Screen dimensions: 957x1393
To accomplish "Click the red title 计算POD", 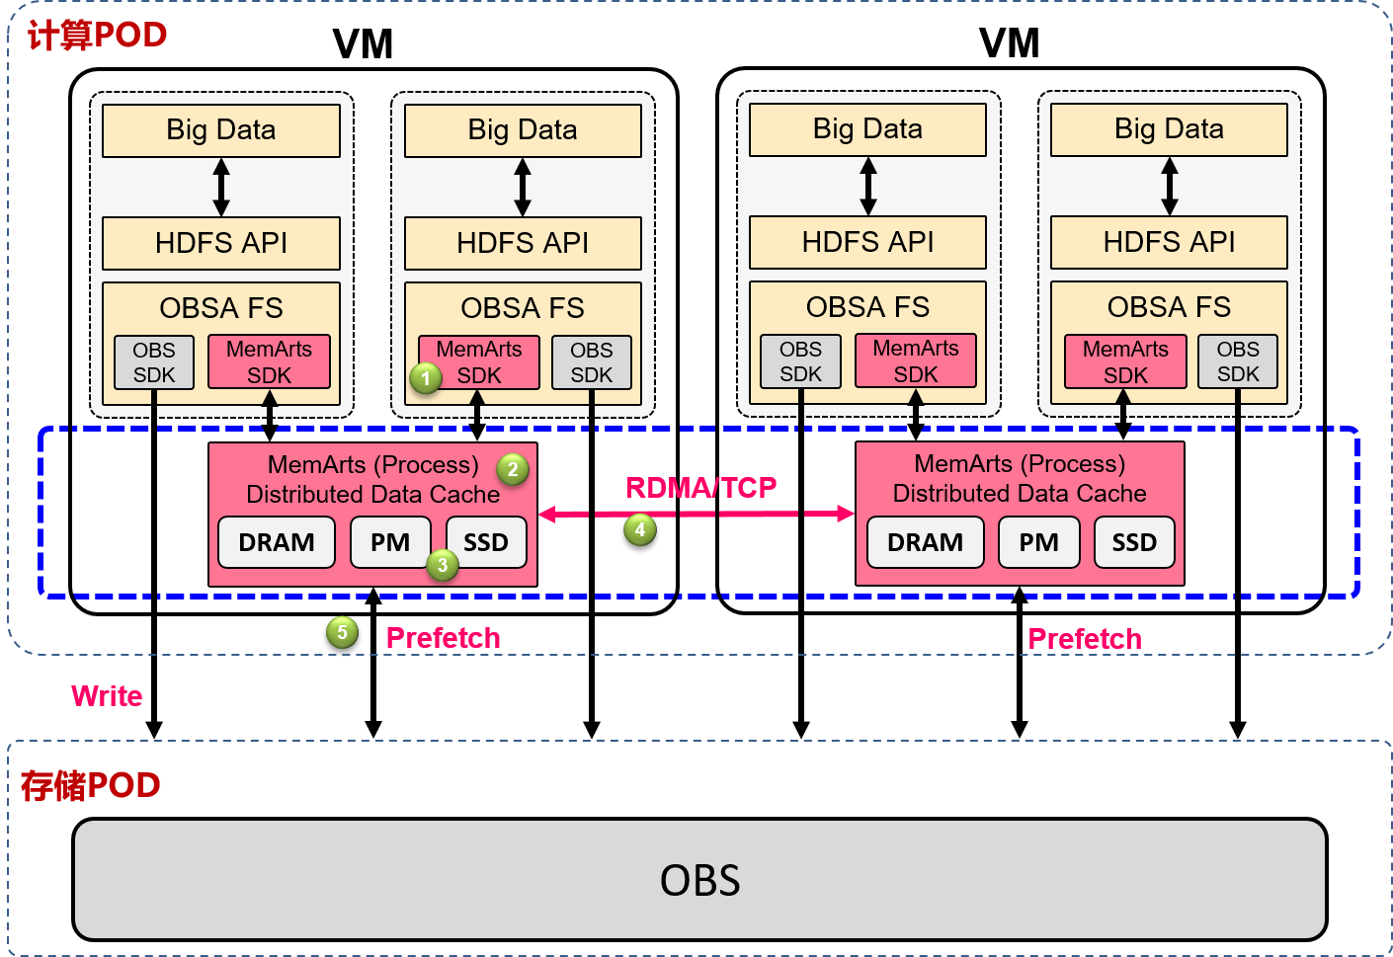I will tap(97, 36).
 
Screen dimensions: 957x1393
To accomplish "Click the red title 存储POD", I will tap(90, 786).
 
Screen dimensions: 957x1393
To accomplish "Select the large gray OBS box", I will tap(699, 879).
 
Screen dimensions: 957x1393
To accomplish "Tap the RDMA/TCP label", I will tap(701, 487).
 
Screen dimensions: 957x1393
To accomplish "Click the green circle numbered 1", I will tap(426, 378).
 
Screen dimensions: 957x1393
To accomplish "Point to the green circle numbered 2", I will tap(513, 469).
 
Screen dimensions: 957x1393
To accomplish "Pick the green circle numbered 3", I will tap(443, 565).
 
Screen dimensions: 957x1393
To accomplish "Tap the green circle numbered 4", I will tap(640, 530).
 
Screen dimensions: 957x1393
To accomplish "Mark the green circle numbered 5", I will tap(342, 632).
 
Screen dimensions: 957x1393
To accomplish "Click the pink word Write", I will tap(107, 696).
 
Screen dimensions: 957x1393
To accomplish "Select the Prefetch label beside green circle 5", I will tap(443, 638).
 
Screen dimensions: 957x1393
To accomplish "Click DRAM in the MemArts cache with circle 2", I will tap(277, 542).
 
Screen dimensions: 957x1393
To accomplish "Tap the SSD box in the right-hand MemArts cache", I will tap(1134, 542).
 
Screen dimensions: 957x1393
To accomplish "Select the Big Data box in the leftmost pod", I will tap(221, 130).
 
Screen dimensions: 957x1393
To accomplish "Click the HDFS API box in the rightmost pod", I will tap(1169, 242).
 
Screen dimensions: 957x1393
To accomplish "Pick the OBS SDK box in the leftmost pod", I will tap(154, 362).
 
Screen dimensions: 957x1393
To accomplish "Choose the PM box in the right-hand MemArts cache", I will tap(1038, 542).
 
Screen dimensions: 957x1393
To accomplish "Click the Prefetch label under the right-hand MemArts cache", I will tap(1085, 639).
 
